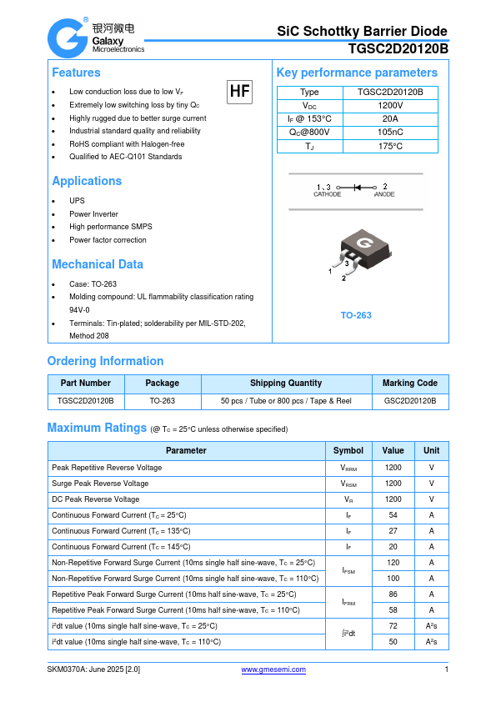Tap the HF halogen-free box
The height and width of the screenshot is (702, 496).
[x=239, y=92]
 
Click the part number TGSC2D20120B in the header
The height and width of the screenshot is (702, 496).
[x=398, y=49]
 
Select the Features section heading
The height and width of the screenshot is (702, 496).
[x=76, y=73]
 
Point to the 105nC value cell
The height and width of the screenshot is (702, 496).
[x=390, y=133]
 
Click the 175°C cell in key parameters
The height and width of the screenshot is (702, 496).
[x=390, y=147]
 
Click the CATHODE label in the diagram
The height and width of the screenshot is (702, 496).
[x=327, y=194]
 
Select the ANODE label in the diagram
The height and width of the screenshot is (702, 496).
[x=384, y=194]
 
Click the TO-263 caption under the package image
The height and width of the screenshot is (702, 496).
[x=356, y=315]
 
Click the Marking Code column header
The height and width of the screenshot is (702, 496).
[x=409, y=384]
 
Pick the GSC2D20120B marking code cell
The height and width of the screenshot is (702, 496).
[x=409, y=401]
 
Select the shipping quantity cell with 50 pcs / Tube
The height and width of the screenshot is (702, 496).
[x=285, y=401]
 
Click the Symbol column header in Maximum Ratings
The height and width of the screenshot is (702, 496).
[x=348, y=450]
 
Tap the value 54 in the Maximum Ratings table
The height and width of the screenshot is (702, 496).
[x=393, y=515]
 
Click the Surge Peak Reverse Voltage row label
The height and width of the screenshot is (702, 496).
[x=100, y=484]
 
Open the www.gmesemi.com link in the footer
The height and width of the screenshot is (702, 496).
[x=273, y=669]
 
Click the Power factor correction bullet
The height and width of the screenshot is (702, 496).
[x=108, y=240]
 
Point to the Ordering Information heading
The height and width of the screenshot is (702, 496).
[x=105, y=361]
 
